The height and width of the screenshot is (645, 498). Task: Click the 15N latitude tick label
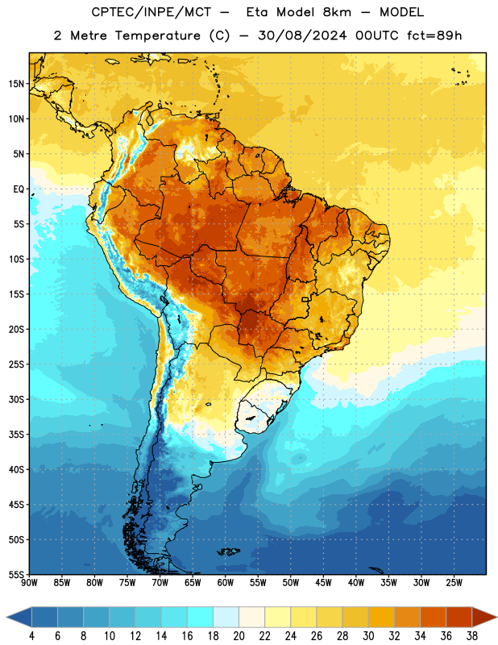pyautogui.click(x=16, y=84)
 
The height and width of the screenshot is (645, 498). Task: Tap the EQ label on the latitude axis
pyautogui.click(x=19, y=189)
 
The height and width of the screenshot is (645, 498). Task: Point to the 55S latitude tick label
pyautogui.click(x=16, y=574)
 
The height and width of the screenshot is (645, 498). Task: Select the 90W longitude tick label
pyautogui.click(x=29, y=583)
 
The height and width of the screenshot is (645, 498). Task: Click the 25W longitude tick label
pyautogui.click(x=454, y=583)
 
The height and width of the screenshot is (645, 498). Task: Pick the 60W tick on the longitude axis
pyautogui.click(x=226, y=583)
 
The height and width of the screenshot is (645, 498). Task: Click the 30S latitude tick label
pyautogui.click(x=16, y=399)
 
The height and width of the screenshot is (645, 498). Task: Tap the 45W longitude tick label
pyautogui.click(x=323, y=583)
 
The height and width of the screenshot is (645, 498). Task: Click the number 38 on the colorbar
pyautogui.click(x=472, y=636)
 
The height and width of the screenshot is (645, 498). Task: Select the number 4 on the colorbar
pyautogui.click(x=31, y=636)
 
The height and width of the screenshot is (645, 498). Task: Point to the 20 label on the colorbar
pyautogui.click(x=239, y=636)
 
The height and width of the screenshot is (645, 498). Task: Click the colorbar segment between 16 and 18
pyautogui.click(x=201, y=617)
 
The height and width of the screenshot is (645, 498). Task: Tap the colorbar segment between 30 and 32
pyautogui.click(x=381, y=617)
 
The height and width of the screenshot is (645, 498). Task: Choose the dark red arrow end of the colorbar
pyautogui.click(x=483, y=617)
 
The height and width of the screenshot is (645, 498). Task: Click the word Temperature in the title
pyautogui.click(x=157, y=35)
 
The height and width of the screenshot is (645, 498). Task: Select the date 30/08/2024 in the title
pyautogui.click(x=303, y=35)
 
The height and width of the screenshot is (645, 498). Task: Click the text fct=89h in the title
pyautogui.click(x=434, y=35)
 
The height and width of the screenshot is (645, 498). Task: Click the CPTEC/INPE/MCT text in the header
pyautogui.click(x=151, y=12)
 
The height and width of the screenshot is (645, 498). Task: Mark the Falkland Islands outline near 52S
pyautogui.click(x=228, y=551)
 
